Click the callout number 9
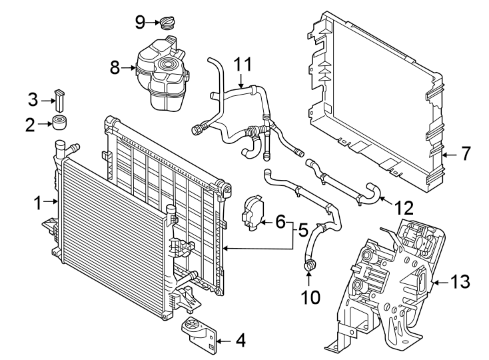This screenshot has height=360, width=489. [140, 22]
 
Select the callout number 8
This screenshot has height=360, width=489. [115, 67]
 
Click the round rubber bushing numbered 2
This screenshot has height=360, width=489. [62, 124]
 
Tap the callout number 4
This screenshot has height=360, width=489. [241, 341]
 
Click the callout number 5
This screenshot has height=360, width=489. [302, 232]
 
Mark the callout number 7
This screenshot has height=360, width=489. [465, 153]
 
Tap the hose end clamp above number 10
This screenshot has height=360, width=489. [310, 267]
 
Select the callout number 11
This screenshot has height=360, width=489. [244, 65]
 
